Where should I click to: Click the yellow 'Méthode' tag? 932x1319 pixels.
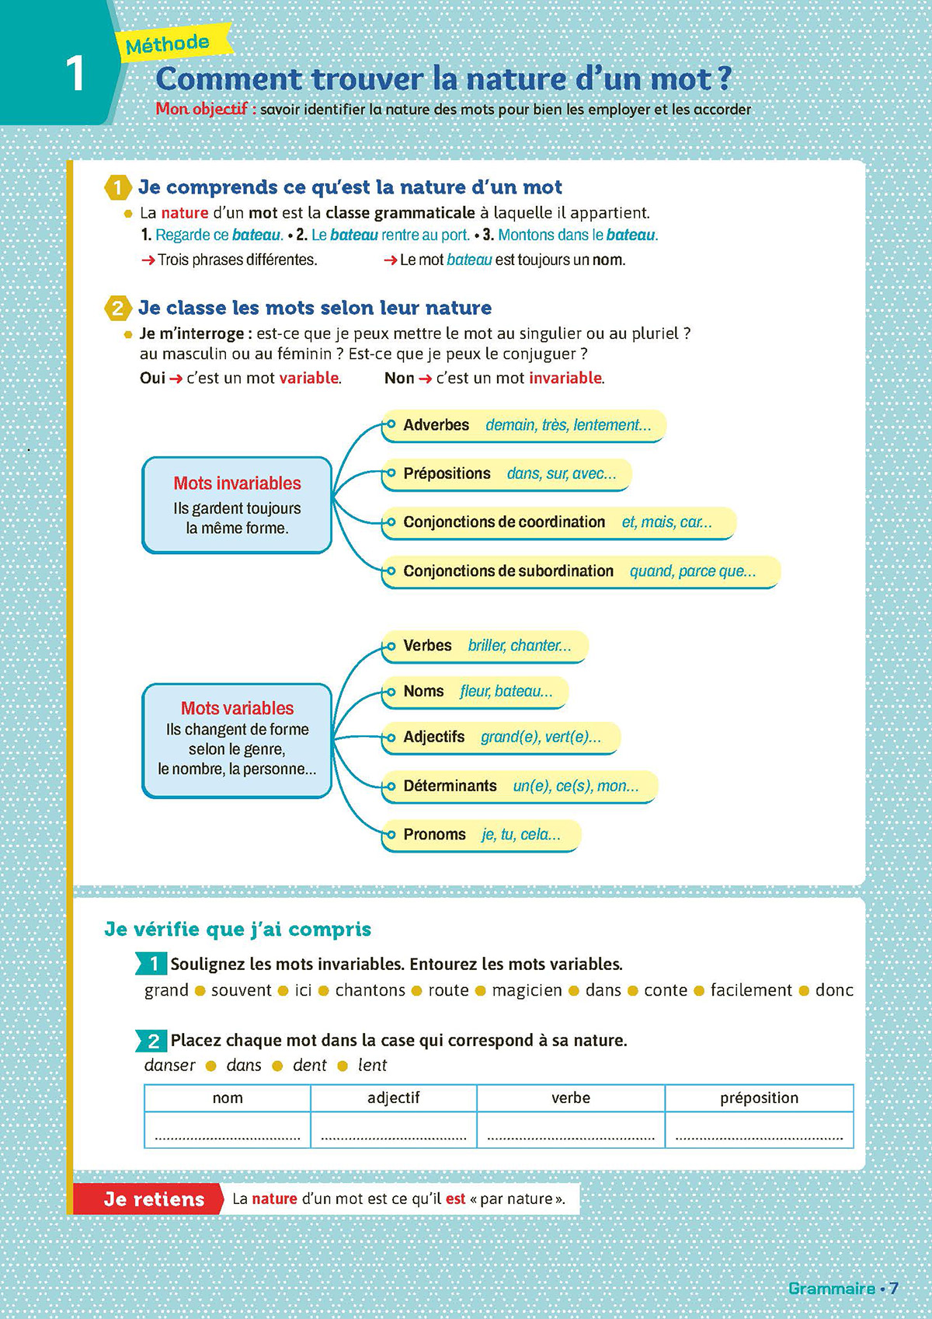tap(169, 44)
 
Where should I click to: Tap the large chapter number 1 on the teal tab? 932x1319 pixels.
tap(75, 74)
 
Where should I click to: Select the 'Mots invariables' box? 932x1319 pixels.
tap(237, 504)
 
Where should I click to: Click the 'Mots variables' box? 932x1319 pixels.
tap(237, 739)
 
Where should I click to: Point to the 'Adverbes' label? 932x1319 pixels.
tap(436, 425)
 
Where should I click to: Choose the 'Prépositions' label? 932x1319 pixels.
tap(447, 473)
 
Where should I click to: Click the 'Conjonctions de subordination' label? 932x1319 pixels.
tap(508, 571)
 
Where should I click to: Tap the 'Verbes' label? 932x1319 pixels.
tap(427, 646)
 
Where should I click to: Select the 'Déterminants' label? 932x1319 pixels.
tap(450, 786)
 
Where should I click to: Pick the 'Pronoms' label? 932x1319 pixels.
tap(434, 835)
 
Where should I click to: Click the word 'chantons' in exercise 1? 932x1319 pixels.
tap(370, 990)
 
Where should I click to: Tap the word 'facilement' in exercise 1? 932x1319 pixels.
tap(751, 990)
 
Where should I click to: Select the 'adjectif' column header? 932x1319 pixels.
tap(393, 1097)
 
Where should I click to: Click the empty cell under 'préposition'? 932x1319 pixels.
tap(759, 1130)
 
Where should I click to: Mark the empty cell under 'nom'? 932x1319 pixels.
tap(228, 1130)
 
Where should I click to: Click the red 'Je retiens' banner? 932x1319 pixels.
tap(154, 1199)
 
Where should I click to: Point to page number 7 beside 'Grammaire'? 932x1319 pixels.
tap(894, 1288)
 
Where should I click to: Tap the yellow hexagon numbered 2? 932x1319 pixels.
tap(117, 308)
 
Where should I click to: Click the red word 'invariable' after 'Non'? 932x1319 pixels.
tap(565, 379)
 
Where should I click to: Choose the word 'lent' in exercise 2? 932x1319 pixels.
tap(372, 1065)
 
